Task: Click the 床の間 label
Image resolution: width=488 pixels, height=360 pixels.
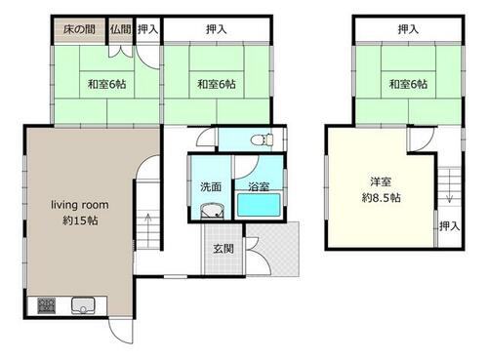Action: pos(79,29)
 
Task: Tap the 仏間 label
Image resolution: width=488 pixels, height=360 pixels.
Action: pos(120,29)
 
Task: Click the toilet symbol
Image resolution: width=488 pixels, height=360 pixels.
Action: pos(263,140)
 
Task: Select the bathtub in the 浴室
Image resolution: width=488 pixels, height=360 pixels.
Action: pos(259,205)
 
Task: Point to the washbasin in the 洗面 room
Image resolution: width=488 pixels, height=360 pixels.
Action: pos(213,211)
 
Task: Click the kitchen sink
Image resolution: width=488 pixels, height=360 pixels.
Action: pos(83,305)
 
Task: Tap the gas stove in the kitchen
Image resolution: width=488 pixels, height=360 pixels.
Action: pos(47,305)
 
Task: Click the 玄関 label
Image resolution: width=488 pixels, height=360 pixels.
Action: pos(224,249)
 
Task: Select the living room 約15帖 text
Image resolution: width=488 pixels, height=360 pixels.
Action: pos(80,213)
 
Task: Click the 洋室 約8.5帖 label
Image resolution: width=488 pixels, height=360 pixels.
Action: pos(381,189)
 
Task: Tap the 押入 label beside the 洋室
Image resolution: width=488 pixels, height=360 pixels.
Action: pos(449,225)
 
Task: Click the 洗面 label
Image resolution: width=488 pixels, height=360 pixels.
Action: pos(211,186)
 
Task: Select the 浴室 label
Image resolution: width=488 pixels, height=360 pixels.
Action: pos(259,186)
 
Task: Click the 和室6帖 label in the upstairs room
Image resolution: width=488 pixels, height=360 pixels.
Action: pos(408,85)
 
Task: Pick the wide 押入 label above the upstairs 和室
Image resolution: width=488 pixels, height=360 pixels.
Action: pos(408,29)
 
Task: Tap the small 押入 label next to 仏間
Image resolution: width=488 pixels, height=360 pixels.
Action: pos(147,29)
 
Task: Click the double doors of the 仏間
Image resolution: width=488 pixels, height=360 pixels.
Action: pos(121,52)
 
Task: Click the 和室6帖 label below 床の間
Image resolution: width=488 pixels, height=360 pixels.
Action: pos(106,85)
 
